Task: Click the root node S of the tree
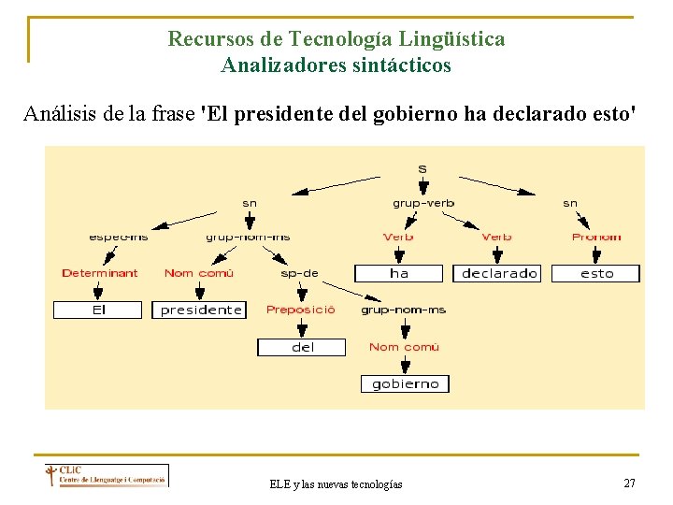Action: [x=422, y=169]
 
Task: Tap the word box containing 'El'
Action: [x=98, y=310]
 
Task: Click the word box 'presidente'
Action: [x=200, y=310]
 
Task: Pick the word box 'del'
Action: [x=302, y=347]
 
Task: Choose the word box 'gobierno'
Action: [x=405, y=383]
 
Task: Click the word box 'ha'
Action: [x=399, y=273]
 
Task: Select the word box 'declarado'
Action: [x=500, y=273]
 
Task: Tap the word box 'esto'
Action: [x=596, y=273]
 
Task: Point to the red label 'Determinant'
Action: [x=99, y=273]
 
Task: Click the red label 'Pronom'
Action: [x=596, y=237]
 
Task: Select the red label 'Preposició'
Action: [x=300, y=310]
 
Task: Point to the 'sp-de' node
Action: [x=299, y=273]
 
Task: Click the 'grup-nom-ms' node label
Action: [x=404, y=310]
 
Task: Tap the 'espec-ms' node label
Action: [x=119, y=237]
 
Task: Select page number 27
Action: [x=629, y=483]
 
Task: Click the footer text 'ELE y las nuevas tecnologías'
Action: [x=336, y=483]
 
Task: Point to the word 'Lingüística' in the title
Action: [x=451, y=39]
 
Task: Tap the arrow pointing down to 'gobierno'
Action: [x=404, y=364]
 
